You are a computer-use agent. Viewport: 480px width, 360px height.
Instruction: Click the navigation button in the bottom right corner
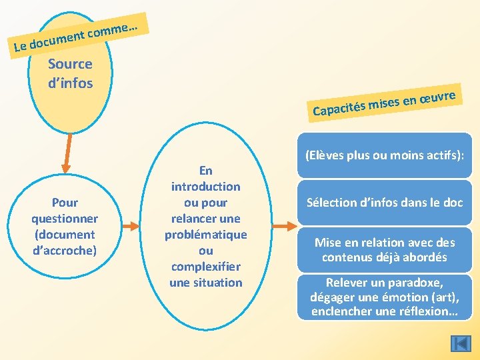(461, 343)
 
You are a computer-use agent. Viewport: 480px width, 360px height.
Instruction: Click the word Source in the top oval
(70, 65)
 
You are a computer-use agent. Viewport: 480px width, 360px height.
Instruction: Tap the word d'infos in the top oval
(70, 83)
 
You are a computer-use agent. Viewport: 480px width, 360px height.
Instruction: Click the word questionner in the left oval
(65, 219)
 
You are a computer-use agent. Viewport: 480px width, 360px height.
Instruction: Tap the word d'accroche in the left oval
(65, 251)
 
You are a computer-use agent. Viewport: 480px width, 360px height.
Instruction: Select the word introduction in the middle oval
(205, 187)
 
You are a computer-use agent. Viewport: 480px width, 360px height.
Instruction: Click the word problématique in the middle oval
(205, 235)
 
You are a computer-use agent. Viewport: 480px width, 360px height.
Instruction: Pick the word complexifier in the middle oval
(205, 267)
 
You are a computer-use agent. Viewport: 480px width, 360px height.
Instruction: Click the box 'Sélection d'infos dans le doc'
(384, 203)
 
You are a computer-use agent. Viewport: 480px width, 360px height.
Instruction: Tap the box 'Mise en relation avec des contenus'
(384, 250)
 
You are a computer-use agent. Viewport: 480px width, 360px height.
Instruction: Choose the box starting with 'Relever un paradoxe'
(384, 297)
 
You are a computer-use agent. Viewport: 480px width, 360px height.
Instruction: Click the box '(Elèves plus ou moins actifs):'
(384, 155)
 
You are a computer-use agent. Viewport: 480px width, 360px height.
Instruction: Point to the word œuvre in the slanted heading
(437, 97)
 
